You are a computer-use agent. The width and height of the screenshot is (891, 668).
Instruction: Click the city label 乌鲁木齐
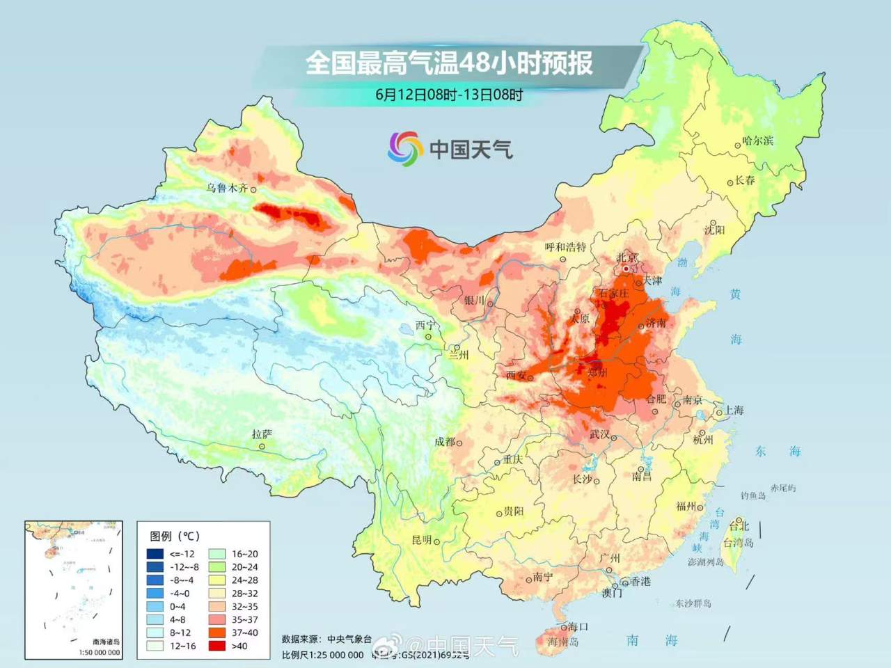click(227, 188)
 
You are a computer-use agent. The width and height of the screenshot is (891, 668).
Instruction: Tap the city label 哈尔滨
click(758, 141)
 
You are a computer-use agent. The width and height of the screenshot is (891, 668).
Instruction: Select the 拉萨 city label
click(262, 434)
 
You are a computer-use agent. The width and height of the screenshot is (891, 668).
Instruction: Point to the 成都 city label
click(445, 442)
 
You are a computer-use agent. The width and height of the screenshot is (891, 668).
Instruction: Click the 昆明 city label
click(422, 540)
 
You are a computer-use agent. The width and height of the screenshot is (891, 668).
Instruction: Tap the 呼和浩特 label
click(565, 247)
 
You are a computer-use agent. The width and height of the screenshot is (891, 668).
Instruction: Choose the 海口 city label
click(578, 627)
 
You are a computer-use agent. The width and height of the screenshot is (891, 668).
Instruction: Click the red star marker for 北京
click(626, 268)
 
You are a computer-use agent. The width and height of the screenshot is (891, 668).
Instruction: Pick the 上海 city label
click(734, 410)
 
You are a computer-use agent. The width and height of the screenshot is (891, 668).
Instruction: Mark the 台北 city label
click(739, 526)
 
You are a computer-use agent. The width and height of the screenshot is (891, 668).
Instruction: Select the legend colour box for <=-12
click(155, 554)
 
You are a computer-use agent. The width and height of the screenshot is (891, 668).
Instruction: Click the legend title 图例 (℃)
click(175, 536)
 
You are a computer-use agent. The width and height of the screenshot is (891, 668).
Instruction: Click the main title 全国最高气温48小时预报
click(449, 63)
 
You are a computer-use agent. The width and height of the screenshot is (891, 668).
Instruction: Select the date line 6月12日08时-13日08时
click(449, 95)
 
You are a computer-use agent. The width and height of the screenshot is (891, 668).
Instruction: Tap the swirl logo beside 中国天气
click(405, 148)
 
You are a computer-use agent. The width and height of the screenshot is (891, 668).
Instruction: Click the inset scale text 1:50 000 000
click(99, 652)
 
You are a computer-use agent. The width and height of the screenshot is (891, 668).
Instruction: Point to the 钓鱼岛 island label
click(753, 495)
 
